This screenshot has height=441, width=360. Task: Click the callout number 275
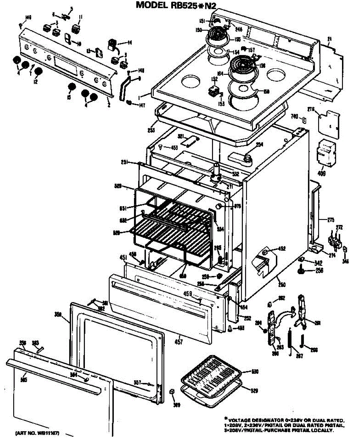331,220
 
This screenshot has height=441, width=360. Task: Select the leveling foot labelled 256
300,271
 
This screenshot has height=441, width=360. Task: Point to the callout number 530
254,372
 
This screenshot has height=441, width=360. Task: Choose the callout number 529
254,390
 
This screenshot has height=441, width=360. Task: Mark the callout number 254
259,144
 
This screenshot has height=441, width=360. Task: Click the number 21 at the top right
330,39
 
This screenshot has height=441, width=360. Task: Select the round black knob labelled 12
39,71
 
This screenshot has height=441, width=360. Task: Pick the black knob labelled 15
72,87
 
